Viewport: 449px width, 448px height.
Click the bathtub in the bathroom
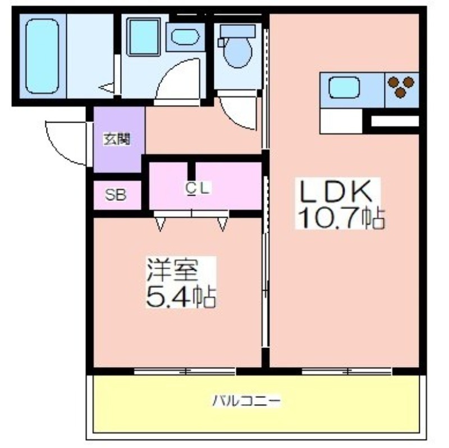(42, 56)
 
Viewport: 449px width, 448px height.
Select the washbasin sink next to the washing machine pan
(185, 37)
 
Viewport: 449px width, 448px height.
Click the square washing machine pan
(143, 37)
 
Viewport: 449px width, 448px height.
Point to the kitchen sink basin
(343, 88)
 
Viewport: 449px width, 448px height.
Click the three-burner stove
(401, 86)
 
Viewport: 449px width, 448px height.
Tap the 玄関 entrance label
(117, 139)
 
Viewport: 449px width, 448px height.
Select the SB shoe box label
(116, 195)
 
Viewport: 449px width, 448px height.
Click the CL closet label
(198, 189)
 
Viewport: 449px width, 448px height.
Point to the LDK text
(337, 191)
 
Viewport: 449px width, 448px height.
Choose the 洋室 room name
(172, 270)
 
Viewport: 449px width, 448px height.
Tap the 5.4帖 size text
(180, 296)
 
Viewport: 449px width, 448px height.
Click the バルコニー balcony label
(246, 400)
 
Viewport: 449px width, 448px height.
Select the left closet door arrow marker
(161, 224)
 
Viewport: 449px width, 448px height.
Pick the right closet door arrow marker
(222, 224)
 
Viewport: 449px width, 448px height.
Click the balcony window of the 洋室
(185, 372)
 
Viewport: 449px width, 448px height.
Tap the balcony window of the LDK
(347, 372)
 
